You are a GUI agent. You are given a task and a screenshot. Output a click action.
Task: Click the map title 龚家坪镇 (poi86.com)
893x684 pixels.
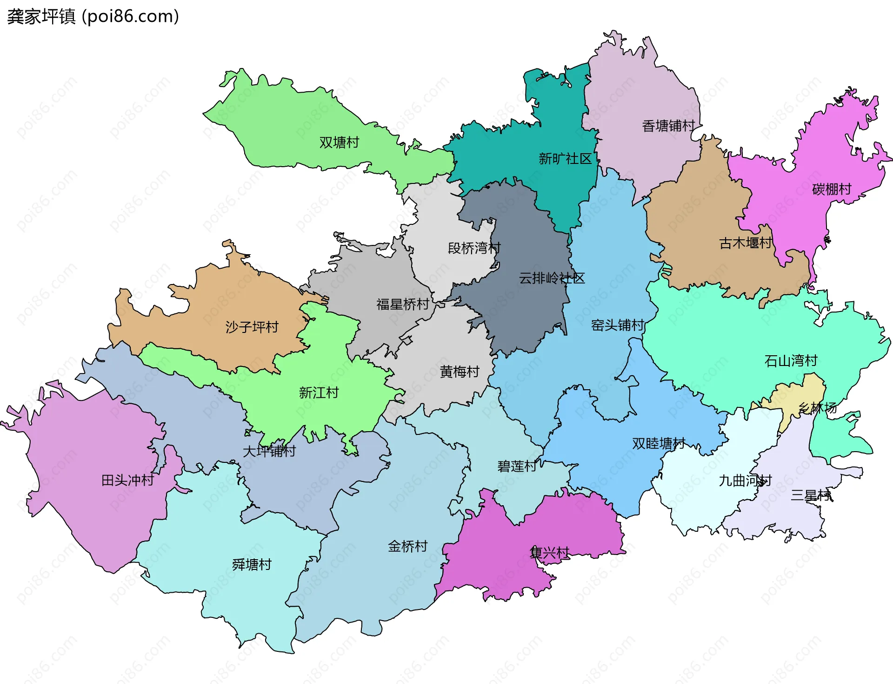[93, 16]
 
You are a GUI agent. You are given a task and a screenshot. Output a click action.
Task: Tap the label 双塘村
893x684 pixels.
[339, 142]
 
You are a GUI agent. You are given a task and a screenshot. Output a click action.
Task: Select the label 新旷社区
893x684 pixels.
[565, 159]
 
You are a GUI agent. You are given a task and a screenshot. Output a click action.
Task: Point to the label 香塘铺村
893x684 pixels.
[668, 126]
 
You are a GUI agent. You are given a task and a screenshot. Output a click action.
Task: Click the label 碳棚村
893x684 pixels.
[831, 189]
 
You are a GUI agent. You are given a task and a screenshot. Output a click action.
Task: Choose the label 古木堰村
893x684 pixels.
[745, 243]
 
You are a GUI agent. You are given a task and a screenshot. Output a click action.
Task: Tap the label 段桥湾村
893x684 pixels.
[474, 248]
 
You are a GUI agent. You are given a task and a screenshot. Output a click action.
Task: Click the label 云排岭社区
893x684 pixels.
[552, 278]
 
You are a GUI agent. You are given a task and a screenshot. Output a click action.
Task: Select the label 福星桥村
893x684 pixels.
[402, 305]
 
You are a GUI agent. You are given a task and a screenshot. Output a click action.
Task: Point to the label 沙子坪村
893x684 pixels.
[252, 327]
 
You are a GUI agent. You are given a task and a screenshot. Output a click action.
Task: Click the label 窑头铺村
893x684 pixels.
[617, 325]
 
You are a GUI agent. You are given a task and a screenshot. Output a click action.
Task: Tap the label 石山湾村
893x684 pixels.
[791, 361]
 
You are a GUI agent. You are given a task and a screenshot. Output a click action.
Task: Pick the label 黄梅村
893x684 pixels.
[460, 372]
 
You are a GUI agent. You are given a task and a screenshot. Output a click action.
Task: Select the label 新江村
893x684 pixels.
[319, 393]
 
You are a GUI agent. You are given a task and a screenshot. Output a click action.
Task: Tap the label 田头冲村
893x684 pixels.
[127, 480]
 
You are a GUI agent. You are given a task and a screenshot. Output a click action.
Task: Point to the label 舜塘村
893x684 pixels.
[252, 564]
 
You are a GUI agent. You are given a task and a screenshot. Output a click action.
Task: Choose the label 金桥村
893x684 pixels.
[407, 546]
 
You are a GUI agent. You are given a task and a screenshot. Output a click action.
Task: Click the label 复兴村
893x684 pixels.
[549, 553]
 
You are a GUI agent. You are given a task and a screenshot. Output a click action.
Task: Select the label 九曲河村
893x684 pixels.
[745, 481]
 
